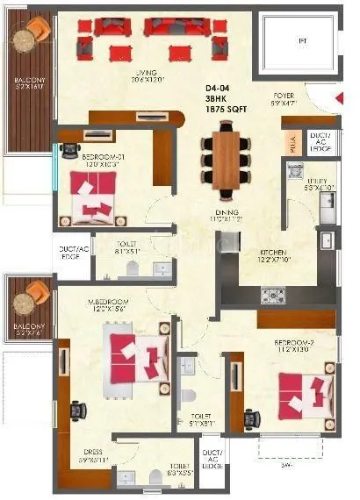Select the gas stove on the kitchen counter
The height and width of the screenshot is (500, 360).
click(270, 294)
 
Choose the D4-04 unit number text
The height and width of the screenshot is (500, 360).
click(220, 88)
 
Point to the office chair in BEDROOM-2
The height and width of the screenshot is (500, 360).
click(251, 417)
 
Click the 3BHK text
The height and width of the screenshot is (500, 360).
click(220, 98)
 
